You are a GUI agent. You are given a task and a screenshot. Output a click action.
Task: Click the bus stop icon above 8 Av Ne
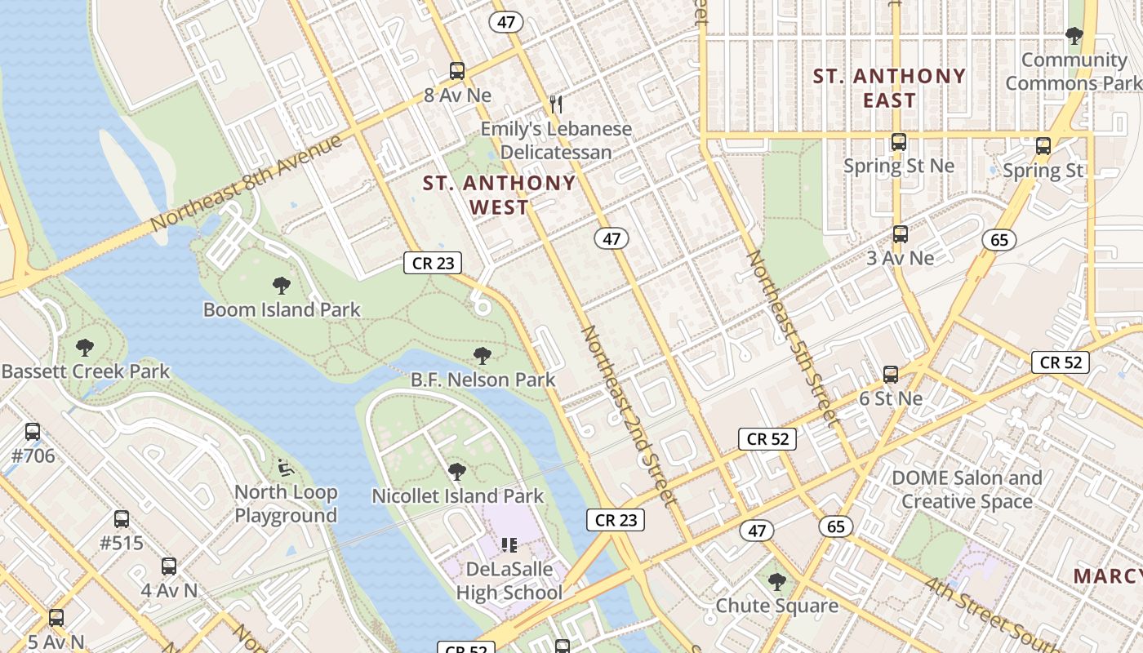457,71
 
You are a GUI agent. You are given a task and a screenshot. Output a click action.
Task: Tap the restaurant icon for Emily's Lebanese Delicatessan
557,104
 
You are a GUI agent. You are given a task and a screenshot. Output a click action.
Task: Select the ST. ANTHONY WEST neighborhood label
499,195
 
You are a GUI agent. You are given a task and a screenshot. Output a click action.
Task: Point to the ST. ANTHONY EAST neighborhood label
889,88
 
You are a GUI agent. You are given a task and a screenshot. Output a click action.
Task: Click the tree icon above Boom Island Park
282,286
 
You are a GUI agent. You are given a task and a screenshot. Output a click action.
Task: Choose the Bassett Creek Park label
86,371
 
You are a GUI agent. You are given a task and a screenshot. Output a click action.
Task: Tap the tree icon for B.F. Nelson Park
483,356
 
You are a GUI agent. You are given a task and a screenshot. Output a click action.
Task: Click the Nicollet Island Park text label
457,496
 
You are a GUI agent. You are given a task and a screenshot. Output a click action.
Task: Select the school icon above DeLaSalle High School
509,544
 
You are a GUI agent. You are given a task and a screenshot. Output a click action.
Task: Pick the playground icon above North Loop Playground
285,468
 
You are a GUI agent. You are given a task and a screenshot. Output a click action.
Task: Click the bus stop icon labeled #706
33,432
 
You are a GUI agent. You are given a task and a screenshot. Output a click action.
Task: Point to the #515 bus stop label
121,543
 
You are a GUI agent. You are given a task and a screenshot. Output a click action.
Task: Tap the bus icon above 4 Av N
169,566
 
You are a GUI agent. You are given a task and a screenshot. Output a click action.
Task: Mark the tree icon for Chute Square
777,582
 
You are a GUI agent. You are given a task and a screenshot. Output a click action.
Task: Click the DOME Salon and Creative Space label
967,490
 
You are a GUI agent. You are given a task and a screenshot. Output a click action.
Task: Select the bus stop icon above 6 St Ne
891,375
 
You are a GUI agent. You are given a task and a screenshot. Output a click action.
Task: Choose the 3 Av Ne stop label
900,258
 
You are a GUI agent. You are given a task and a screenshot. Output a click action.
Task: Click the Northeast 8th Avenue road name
246,182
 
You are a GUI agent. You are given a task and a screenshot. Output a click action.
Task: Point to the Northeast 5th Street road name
792,338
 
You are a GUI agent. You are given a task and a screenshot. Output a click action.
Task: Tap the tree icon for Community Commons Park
1074,36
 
